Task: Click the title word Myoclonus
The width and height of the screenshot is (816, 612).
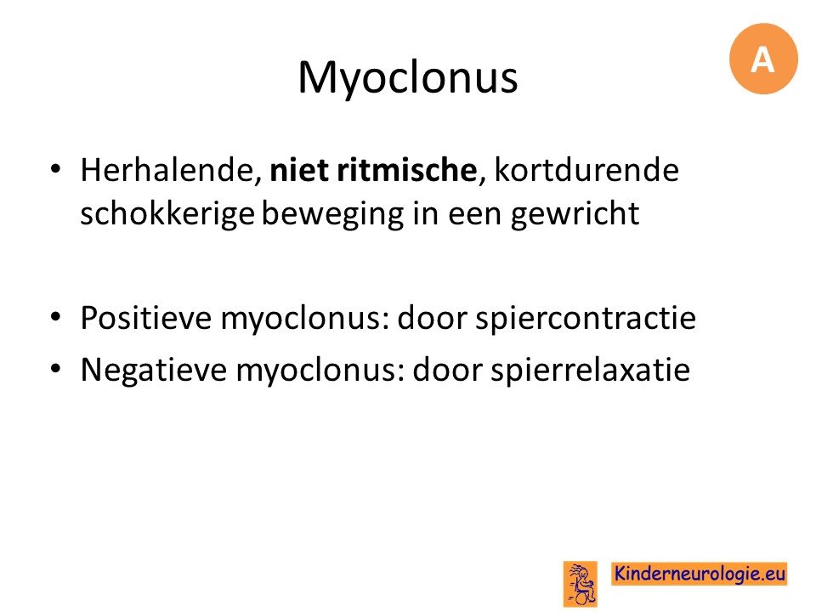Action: [407, 78]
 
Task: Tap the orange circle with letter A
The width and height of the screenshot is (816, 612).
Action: [763, 59]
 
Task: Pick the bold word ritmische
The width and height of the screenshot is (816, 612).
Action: [407, 170]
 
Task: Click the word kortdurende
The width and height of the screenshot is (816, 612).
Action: [586, 170]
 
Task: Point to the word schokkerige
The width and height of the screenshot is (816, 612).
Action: [167, 214]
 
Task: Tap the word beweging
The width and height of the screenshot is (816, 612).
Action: [332, 214]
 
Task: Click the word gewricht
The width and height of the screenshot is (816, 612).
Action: [575, 214]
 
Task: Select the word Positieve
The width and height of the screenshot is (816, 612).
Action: [146, 317]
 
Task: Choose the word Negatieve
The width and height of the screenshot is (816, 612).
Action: [154, 370]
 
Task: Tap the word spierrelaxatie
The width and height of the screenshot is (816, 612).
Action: [590, 370]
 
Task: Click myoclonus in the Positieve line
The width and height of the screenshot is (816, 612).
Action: [305, 319]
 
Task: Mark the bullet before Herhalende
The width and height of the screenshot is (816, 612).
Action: [56, 168]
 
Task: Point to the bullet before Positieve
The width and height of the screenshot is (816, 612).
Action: [56, 316]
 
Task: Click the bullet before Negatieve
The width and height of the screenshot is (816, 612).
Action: [56, 368]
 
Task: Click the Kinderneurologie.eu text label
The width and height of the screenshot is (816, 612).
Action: [700, 574]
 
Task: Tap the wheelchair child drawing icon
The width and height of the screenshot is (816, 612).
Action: [581, 584]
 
